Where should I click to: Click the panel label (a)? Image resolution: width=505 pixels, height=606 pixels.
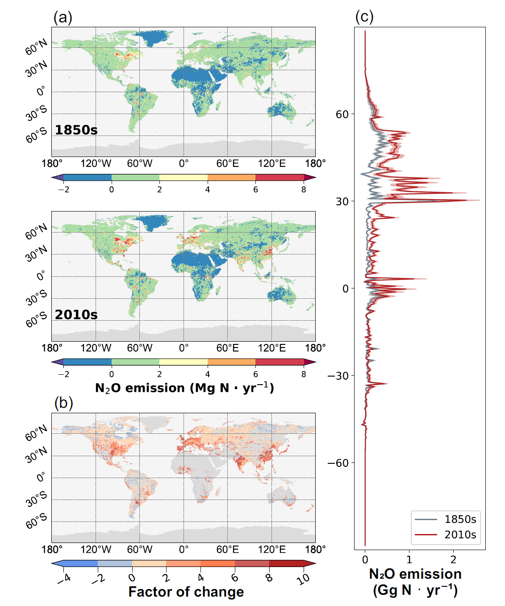pyautogui.click(x=63, y=17)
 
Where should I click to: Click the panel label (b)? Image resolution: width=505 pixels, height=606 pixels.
pyautogui.click(x=63, y=403)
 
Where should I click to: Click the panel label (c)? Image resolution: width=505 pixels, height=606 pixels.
pyautogui.click(x=364, y=17)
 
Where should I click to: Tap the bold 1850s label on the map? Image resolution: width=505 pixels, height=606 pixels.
pyautogui.click(x=76, y=130)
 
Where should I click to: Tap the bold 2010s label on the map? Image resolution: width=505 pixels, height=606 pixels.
pyautogui.click(x=76, y=315)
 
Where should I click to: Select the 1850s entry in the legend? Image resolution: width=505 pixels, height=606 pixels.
pyautogui.click(x=460, y=519)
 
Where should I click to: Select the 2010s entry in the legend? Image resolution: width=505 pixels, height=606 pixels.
pyautogui.click(x=460, y=534)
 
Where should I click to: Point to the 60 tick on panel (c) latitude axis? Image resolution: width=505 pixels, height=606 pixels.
pyautogui.click(x=342, y=114)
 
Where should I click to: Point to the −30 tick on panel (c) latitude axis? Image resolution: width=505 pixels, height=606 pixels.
pyautogui.click(x=338, y=376)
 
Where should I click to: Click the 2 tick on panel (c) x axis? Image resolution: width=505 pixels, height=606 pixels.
pyautogui.click(x=453, y=559)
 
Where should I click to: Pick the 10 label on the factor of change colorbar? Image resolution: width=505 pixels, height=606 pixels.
pyautogui.click(x=304, y=579)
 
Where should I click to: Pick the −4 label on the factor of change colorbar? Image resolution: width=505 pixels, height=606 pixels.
pyautogui.click(x=64, y=579)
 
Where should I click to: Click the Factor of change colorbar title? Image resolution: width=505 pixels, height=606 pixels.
pyautogui.click(x=186, y=592)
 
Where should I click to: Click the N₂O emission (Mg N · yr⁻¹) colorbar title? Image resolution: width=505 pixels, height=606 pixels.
pyautogui.click(x=184, y=388)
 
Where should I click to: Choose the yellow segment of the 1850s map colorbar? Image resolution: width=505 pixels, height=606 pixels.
pyautogui.click(x=183, y=177)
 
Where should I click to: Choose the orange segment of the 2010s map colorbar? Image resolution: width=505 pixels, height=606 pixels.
pyautogui.click(x=231, y=362)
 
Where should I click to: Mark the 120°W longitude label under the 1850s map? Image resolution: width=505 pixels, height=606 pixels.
pyautogui.click(x=96, y=164)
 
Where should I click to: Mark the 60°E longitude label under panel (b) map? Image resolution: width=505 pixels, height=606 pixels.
pyautogui.click(x=227, y=549)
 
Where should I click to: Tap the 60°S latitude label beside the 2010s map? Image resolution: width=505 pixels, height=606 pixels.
pyautogui.click(x=37, y=319)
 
